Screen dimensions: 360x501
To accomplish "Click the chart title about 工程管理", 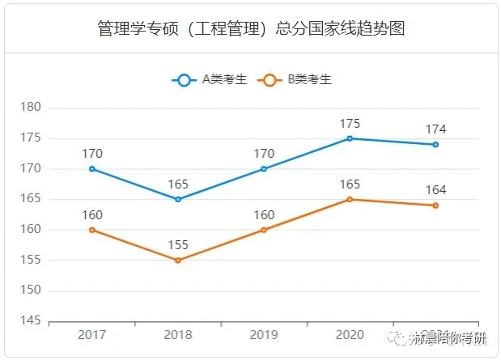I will coord(250,29).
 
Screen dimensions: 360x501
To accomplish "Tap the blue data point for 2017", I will coord(92,169).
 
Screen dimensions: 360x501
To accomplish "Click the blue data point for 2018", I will coord(178,199).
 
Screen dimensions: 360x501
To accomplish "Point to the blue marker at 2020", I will coord(350,138).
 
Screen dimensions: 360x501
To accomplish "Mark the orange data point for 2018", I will coord(178,260).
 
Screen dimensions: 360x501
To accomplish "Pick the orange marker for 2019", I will coord(264,230).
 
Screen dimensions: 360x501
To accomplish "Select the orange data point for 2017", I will coord(92,230).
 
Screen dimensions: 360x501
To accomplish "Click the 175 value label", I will coord(350,123).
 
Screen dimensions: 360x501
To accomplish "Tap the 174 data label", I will coord(435,129).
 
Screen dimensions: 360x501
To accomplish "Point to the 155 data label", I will coord(178,245).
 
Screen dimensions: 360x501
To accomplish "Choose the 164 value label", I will coord(435,190).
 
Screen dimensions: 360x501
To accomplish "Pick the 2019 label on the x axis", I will coord(264,334).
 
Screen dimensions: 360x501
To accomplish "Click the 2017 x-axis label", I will coord(92,334).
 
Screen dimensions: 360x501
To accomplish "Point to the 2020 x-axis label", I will coord(350,334).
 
